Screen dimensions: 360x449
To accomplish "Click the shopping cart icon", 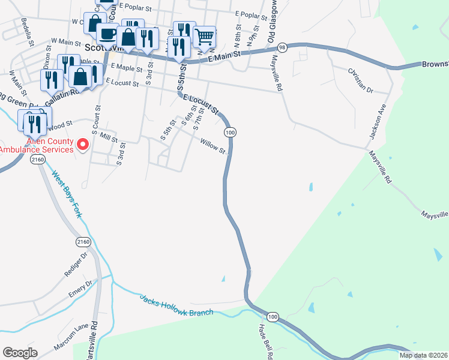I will tap(204, 37).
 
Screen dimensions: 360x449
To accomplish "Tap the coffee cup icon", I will tap(108, 34).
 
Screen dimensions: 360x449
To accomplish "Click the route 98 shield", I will tap(282, 47).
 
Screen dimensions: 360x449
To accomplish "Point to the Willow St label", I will tap(213, 146).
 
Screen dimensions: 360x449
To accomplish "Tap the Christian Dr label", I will tap(360, 81).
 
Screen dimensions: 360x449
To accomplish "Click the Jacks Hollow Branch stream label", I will tap(176, 305).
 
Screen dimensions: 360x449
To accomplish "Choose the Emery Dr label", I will tap(81, 289).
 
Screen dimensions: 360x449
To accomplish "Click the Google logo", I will tap(20, 353).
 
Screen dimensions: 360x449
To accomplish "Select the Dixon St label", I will tap(47, 58).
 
